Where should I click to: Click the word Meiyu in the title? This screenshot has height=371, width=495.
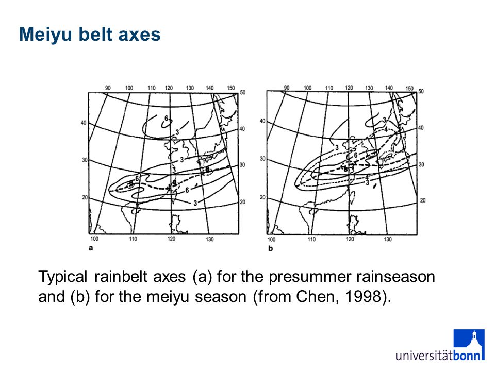point(46,35)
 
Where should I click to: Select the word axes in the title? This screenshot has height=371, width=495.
point(139,35)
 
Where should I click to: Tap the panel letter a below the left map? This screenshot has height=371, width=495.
point(91,248)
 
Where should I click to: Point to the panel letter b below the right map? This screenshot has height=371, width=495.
point(271,248)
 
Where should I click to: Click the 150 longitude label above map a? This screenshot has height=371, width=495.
point(231,88)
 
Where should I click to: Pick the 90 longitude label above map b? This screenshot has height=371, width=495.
point(286,88)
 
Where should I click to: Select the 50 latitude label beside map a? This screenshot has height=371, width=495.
point(242,92)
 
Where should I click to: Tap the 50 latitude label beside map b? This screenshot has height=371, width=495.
point(421,91)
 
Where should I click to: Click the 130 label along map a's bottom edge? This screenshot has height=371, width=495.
point(210,239)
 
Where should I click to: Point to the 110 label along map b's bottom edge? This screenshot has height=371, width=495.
point(311,239)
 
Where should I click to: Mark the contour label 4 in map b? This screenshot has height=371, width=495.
point(386,129)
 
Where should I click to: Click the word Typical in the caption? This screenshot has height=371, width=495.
point(62,277)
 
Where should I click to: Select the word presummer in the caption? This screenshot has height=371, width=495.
point(310,277)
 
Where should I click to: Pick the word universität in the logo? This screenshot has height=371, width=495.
point(424,356)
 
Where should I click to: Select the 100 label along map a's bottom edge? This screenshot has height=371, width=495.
point(94,239)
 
